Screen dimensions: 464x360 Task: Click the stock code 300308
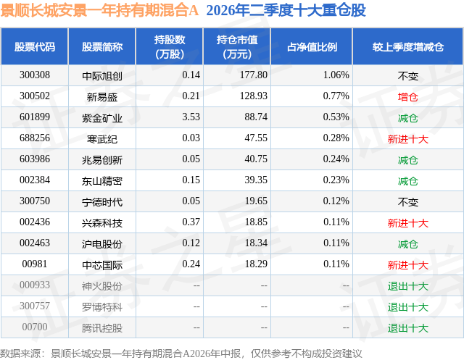click(x=35, y=75)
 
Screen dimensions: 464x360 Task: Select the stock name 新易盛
click(x=102, y=96)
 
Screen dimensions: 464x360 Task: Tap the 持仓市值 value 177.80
click(x=254, y=75)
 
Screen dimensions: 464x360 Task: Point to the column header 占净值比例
click(x=312, y=46)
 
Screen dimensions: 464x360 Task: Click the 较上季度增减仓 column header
click(x=408, y=46)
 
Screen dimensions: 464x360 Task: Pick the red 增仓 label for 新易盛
click(x=407, y=96)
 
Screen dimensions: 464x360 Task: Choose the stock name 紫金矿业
click(x=102, y=118)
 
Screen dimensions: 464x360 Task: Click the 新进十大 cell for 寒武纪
click(x=407, y=139)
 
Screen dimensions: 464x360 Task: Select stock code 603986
click(x=35, y=159)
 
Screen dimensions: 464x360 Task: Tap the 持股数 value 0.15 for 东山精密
click(x=191, y=180)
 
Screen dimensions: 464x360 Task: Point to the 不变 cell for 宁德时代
click(x=407, y=202)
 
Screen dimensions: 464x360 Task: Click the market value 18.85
click(x=256, y=222)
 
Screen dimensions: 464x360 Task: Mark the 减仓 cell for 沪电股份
click(x=407, y=244)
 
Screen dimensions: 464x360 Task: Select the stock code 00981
click(x=35, y=264)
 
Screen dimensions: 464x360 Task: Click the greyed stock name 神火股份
click(x=102, y=286)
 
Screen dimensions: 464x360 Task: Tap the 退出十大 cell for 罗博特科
click(x=407, y=307)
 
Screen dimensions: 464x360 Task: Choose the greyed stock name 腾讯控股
click(x=102, y=328)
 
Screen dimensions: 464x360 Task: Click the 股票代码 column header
click(x=35, y=46)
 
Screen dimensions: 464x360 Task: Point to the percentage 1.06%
click(x=336, y=75)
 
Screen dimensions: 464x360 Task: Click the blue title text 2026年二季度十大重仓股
click(x=286, y=10)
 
